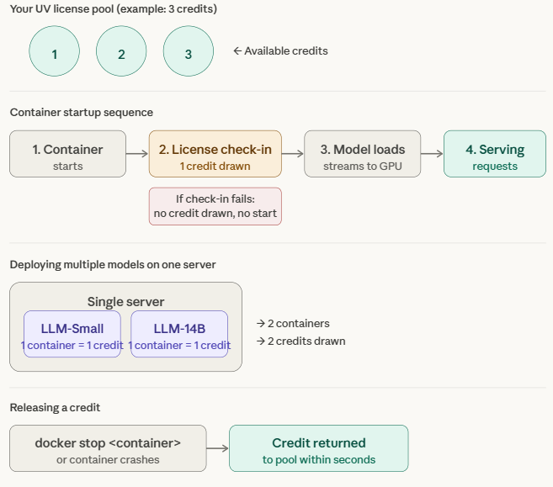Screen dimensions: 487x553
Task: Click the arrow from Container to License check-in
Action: [x=137, y=154]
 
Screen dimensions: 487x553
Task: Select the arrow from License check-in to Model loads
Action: [x=293, y=154]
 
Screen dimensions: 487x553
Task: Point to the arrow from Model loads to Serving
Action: [x=432, y=154]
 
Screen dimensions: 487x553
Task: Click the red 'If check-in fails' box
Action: [x=215, y=207]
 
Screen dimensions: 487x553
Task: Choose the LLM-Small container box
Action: [x=72, y=334]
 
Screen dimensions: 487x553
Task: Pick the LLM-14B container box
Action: [x=179, y=334]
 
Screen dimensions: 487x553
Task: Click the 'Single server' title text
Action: [x=125, y=302]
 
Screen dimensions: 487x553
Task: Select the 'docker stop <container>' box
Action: [x=108, y=448]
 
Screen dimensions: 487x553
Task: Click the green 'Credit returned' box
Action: [x=318, y=448]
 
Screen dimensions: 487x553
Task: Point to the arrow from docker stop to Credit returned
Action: [x=217, y=448]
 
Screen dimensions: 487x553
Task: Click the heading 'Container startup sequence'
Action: [x=82, y=113]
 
